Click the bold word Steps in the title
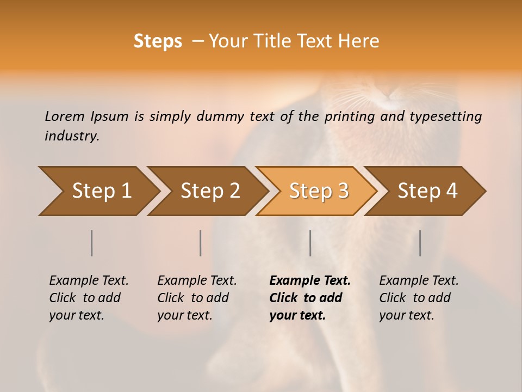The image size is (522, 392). click(x=158, y=41)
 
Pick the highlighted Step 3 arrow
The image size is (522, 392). click(x=318, y=191)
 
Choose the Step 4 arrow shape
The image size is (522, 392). click(x=427, y=191)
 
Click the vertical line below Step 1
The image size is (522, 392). click(x=92, y=243)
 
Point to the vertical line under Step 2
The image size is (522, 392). click(x=201, y=243)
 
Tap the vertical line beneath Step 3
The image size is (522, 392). click(x=310, y=243)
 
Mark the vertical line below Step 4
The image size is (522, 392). click(x=420, y=243)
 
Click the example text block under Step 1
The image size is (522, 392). click(x=89, y=298)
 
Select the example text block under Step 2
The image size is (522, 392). click(x=197, y=298)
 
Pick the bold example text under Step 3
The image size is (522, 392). click(x=310, y=298)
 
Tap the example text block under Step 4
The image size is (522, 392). click(x=419, y=298)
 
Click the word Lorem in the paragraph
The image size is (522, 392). click(x=65, y=117)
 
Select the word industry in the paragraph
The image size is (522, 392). click(x=72, y=136)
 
